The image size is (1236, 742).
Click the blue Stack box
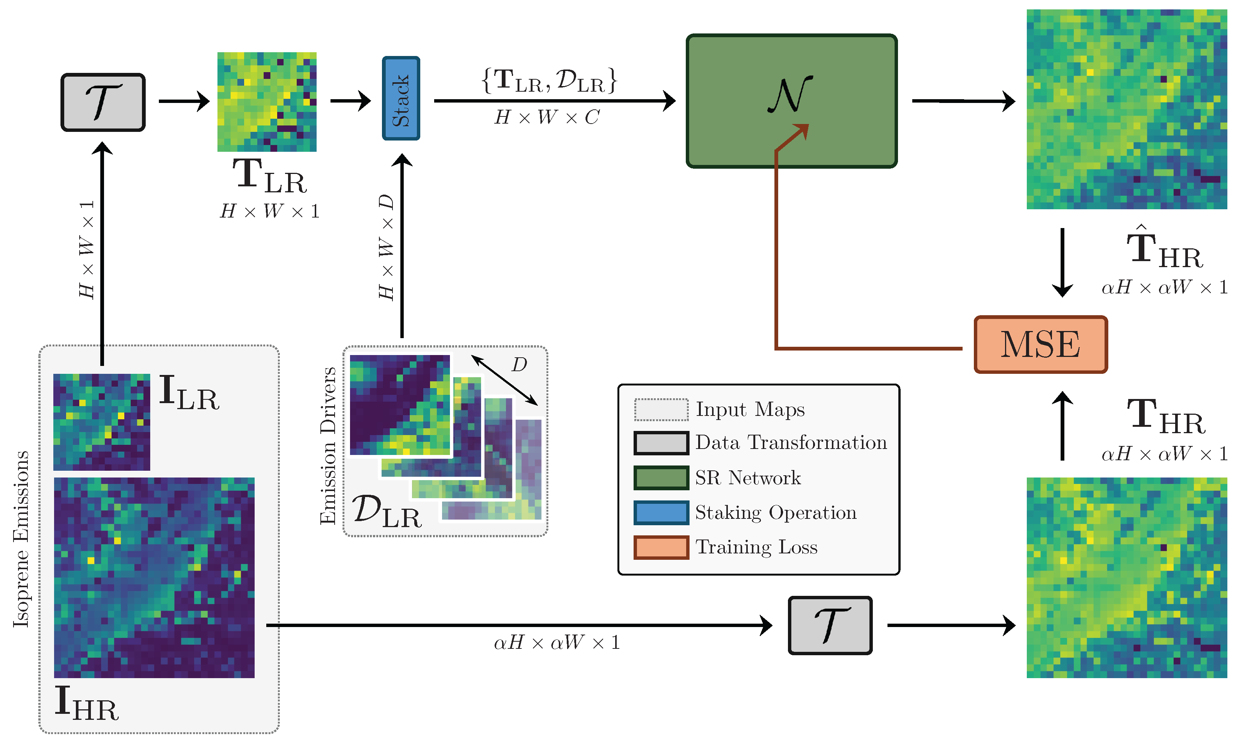click(x=401, y=98)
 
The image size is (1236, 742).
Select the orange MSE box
click(x=1041, y=345)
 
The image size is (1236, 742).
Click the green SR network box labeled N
click(x=792, y=101)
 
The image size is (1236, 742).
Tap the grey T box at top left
click(x=103, y=103)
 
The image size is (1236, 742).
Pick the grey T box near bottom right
click(x=830, y=625)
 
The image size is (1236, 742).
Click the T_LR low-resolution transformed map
click(x=267, y=102)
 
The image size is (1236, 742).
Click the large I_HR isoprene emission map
click(x=154, y=577)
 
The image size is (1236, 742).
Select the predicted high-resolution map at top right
click(x=1127, y=109)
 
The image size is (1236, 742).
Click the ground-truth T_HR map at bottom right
click(x=1127, y=577)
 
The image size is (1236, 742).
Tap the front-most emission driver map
click(x=400, y=405)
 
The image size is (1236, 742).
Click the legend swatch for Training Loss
click(x=661, y=547)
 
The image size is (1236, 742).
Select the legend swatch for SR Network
click(x=661, y=478)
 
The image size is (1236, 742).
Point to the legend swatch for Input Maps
click(x=661, y=410)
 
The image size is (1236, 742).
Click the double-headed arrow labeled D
click(x=504, y=380)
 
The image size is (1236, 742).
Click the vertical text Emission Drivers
click(x=328, y=445)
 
